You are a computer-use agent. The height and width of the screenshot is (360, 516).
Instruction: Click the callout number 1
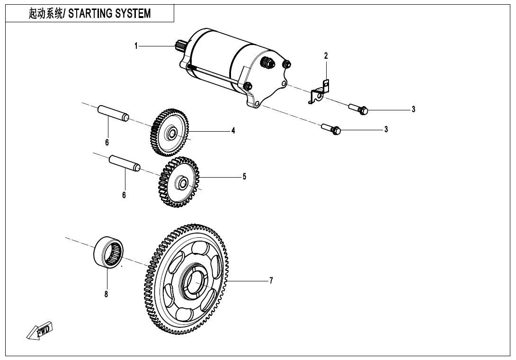click(x=136, y=46)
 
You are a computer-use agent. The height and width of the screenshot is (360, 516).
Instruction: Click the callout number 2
click(x=326, y=56)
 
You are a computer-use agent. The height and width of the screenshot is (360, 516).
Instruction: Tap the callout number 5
click(x=244, y=177)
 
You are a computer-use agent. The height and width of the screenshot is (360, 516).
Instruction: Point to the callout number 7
click(x=271, y=281)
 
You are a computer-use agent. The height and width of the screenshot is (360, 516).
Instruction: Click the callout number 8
click(x=107, y=294)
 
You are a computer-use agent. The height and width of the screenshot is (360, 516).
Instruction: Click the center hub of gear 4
click(x=171, y=134)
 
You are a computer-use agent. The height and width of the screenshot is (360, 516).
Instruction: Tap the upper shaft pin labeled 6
click(x=113, y=114)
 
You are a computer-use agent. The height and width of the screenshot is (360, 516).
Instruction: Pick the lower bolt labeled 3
click(x=331, y=128)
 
